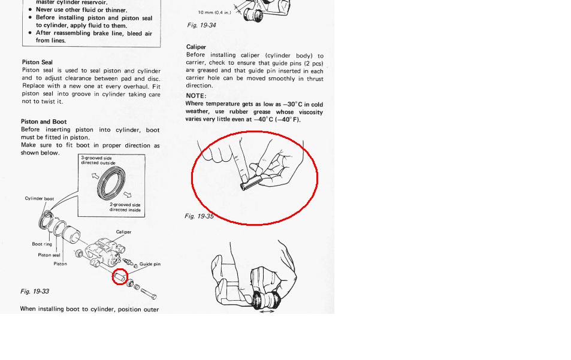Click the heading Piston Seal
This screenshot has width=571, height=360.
click(x=37, y=62)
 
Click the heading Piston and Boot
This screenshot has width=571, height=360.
click(x=44, y=122)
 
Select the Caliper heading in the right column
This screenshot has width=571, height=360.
click(x=196, y=47)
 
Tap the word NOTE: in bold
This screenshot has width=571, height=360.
click(x=196, y=96)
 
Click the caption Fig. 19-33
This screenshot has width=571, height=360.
click(x=35, y=291)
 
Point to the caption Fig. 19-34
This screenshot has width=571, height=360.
click(x=201, y=25)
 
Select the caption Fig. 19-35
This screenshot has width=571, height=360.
click(x=199, y=216)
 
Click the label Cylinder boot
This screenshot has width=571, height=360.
click(x=40, y=198)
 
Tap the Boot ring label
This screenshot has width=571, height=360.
click(x=42, y=244)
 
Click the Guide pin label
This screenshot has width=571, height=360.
click(x=150, y=264)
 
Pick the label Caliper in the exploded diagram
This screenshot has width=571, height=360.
click(x=123, y=232)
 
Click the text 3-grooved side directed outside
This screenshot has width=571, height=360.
click(x=98, y=160)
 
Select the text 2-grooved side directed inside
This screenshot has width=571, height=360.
click(x=125, y=207)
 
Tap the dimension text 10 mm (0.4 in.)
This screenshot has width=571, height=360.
click(x=214, y=13)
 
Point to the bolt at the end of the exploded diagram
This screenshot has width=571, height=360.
click(x=149, y=294)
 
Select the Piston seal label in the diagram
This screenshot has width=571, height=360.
click(x=49, y=255)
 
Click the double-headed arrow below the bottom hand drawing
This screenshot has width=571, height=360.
click(x=267, y=311)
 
